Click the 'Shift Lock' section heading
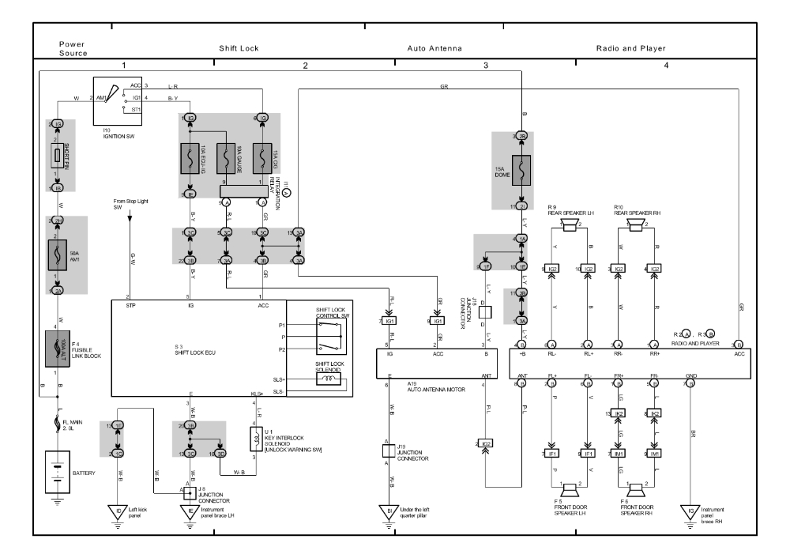coord(239,48)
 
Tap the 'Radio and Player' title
coord(631,48)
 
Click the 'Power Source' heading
coord(73,48)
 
